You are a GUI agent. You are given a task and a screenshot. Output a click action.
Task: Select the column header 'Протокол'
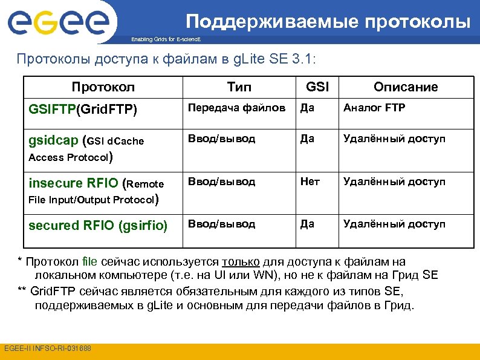[103, 87]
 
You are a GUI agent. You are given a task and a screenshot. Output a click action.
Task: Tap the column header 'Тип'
[239, 87]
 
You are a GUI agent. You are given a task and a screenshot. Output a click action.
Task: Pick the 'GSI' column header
[317, 87]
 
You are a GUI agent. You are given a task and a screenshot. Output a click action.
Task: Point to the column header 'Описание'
[406, 87]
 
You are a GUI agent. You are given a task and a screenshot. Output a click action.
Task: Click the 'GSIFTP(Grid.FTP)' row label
[83, 110]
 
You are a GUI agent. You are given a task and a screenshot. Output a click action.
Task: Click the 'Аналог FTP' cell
[374, 108]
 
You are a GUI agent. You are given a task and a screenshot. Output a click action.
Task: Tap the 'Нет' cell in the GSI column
[310, 182]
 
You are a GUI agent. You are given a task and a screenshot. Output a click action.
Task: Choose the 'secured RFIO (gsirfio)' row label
[98, 225]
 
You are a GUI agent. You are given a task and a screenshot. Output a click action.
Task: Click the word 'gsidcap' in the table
[53, 140]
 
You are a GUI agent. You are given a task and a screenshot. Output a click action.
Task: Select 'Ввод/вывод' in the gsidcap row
[221, 139]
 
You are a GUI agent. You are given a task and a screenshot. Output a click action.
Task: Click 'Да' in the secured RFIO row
[307, 224]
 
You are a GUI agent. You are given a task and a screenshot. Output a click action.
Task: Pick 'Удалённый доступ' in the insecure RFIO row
[394, 182]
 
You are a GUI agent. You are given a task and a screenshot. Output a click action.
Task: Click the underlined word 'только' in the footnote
[241, 262]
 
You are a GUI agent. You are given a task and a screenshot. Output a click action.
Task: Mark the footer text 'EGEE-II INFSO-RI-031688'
[47, 349]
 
